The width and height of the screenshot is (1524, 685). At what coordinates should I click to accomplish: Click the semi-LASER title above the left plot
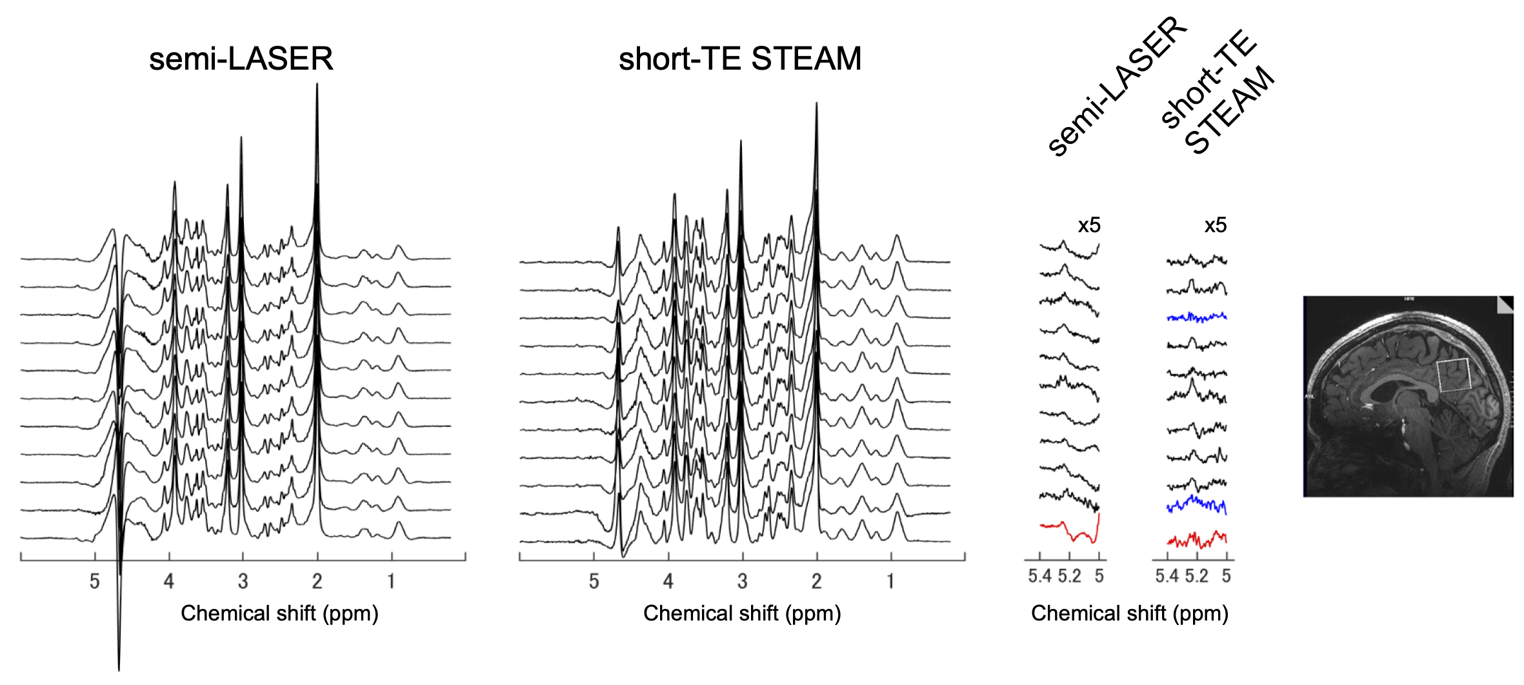pos(241,59)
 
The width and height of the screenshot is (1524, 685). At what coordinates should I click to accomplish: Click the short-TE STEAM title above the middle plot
pos(739,59)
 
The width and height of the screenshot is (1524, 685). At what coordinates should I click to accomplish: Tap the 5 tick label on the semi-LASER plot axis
pos(95,582)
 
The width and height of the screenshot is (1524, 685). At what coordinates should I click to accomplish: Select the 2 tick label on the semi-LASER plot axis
pos(317,582)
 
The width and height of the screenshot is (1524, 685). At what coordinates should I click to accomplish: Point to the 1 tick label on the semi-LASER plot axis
pos(391,582)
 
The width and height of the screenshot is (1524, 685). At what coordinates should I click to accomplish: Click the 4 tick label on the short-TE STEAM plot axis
pos(668,582)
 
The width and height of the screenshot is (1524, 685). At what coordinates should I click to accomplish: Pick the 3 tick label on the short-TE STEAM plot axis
pos(742,582)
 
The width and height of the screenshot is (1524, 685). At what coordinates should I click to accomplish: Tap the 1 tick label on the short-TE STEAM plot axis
pos(890,582)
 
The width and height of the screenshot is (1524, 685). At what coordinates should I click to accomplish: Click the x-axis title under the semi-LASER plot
pos(279,613)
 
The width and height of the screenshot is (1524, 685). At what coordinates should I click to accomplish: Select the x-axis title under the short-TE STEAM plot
pos(742,613)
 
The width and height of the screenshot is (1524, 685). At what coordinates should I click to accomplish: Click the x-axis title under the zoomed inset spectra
pos(1129,613)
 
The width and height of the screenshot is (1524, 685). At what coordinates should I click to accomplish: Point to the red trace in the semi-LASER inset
pos(1071,533)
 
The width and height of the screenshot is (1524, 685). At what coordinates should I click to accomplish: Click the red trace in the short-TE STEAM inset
pos(1197,539)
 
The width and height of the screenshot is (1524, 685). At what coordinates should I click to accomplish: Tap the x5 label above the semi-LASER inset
pos(1089,225)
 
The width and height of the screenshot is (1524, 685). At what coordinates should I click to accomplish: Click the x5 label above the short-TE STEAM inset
pos(1216,225)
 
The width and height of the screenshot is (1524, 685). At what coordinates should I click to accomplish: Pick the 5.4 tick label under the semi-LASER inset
pos(1039,576)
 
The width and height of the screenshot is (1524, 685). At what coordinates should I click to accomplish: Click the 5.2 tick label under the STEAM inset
pos(1196,576)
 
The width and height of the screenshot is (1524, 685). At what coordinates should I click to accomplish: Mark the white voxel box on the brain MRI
pos(1454,375)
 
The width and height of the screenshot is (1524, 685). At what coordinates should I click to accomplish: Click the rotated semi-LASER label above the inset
pos(1116,87)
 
